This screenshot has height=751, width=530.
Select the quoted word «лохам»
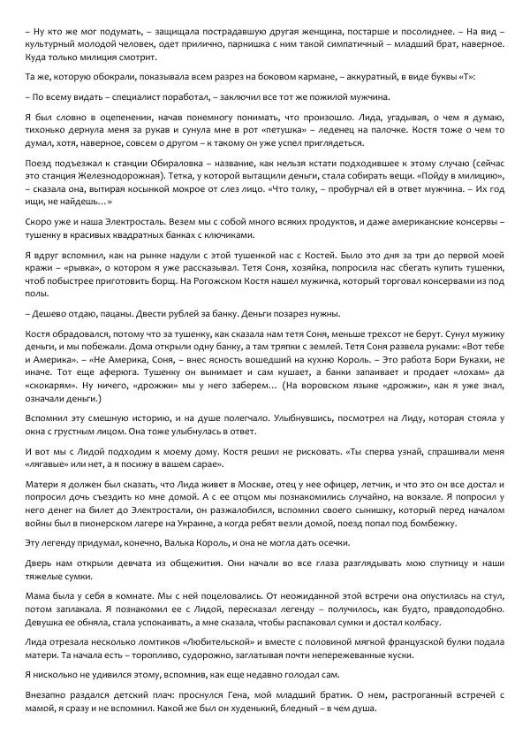click(455, 379)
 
